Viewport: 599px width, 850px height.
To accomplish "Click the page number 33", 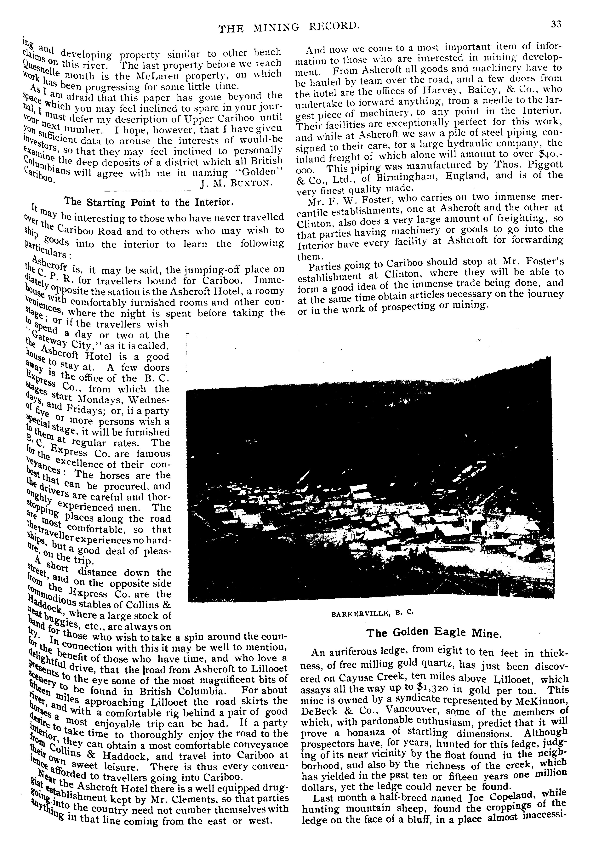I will click(556, 24).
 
